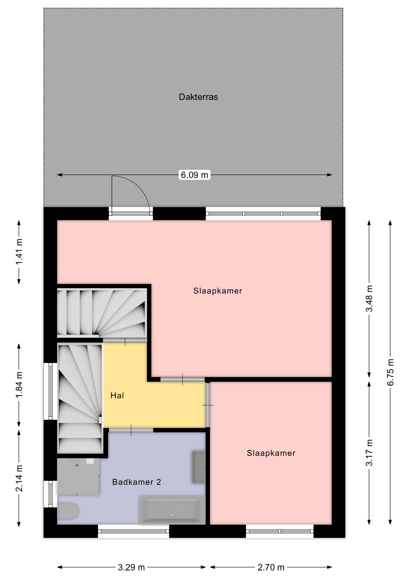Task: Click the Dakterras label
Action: click(x=198, y=97)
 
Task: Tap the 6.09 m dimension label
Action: click(x=194, y=175)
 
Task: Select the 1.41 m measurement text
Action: click(x=19, y=252)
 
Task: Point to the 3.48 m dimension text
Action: click(x=369, y=299)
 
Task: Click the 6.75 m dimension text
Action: click(x=390, y=372)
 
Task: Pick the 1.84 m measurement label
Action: click(x=19, y=385)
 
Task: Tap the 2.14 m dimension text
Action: click(x=19, y=478)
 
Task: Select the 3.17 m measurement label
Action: click(x=369, y=453)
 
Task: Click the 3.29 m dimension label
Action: click(x=131, y=567)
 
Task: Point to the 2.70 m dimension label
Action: click(x=271, y=567)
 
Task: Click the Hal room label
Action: click(x=117, y=396)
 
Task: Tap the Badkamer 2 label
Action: click(x=136, y=482)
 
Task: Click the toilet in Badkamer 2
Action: click(x=68, y=511)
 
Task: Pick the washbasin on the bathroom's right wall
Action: click(x=198, y=467)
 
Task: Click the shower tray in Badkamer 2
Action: click(x=78, y=477)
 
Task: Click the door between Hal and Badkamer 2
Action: click(x=131, y=430)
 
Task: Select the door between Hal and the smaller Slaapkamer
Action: click(x=208, y=405)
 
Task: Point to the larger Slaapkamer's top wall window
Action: click(x=263, y=214)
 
